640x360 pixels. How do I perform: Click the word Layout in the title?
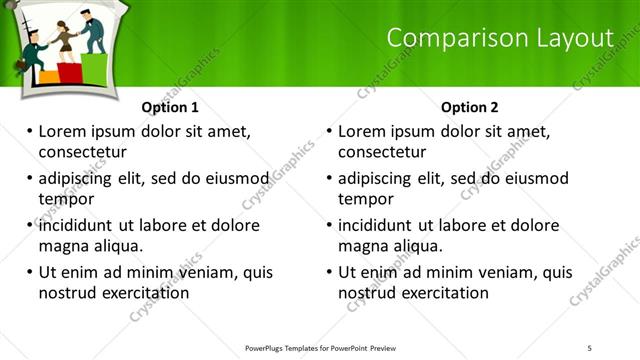point(577,38)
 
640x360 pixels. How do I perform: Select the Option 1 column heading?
point(170,107)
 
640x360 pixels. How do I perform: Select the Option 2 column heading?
point(469,107)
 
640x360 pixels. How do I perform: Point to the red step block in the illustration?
point(69,71)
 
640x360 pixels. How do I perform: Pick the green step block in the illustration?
point(93,67)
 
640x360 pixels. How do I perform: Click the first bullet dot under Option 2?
point(329,131)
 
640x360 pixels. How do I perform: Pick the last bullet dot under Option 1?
point(29,272)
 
